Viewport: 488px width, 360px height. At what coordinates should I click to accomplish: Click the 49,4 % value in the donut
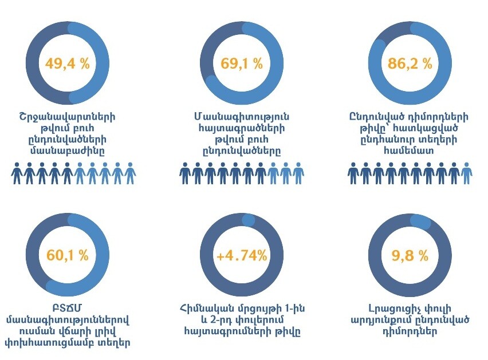pyautogui.click(x=68, y=64)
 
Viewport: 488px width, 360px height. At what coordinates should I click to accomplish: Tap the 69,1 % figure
pyautogui.click(x=242, y=64)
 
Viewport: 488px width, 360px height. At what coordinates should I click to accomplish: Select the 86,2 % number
pyautogui.click(x=410, y=64)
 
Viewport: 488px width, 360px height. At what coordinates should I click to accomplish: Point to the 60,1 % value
pyautogui.click(x=68, y=255)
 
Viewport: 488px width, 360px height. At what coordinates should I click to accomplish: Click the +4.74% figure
pyautogui.click(x=242, y=255)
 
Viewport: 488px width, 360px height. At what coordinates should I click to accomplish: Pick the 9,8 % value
pyautogui.click(x=410, y=255)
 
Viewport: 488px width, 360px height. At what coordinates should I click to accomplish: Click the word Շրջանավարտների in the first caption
pyautogui.click(x=67, y=117)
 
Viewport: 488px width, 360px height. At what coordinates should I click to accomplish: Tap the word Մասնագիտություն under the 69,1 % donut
pyautogui.click(x=242, y=117)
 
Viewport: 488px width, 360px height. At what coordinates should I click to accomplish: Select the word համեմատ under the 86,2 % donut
pyautogui.click(x=410, y=151)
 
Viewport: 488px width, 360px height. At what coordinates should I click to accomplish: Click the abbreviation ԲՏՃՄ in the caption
pyautogui.click(x=67, y=308)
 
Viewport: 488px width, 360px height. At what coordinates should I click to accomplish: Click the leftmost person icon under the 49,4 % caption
pyautogui.click(x=17, y=173)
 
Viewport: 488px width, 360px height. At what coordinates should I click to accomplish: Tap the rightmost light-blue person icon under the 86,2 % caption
pyautogui.click(x=467, y=173)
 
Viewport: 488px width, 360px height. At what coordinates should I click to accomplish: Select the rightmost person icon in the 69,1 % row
pyautogui.click(x=298, y=173)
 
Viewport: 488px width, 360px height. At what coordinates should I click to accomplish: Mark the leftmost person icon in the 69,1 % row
pyautogui.click(x=185, y=173)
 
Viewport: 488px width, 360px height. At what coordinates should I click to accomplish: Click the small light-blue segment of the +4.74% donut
pyautogui.click(x=248, y=220)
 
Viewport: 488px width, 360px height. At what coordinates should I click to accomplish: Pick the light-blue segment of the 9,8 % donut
pyautogui.click(x=421, y=221)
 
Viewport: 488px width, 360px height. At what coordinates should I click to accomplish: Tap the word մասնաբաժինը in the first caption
pyautogui.click(x=67, y=151)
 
